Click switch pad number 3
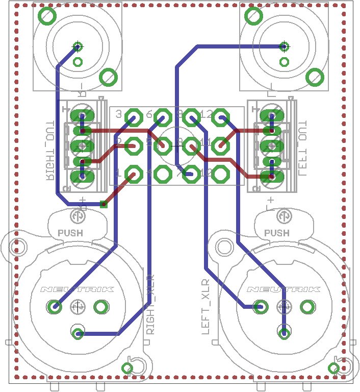(134, 117)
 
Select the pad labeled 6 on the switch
(163, 117)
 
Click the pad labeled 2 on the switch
(134, 146)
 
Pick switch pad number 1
(134, 175)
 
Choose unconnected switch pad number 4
(163, 175)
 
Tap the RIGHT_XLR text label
(150, 304)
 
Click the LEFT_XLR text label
(205, 306)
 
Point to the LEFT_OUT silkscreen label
(302, 149)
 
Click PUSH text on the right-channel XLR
(70, 233)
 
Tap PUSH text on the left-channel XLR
(277, 233)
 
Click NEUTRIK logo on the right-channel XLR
(77, 289)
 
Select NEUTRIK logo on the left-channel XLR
(284, 289)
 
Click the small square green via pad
(104, 205)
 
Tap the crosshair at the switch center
(176, 146)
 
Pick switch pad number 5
(163, 146)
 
